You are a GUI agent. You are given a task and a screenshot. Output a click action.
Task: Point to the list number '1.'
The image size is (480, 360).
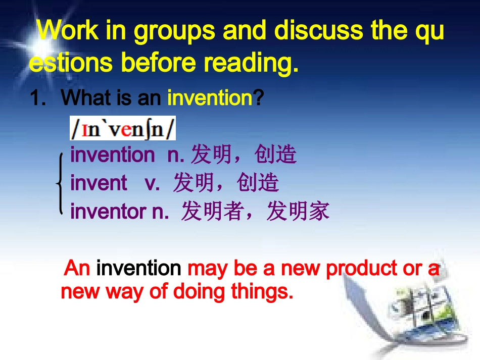[39, 98]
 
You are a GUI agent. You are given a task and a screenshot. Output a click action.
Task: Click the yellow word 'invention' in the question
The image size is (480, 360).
[210, 98]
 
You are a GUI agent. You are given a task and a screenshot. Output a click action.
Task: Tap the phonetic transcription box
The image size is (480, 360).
[123, 128]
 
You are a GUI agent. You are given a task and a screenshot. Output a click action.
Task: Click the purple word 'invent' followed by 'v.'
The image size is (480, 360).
[99, 183]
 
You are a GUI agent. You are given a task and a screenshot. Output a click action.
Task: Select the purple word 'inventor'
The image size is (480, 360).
[108, 212]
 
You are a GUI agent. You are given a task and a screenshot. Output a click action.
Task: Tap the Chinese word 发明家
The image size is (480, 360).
[298, 212]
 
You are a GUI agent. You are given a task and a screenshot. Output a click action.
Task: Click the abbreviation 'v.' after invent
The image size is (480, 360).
[153, 183]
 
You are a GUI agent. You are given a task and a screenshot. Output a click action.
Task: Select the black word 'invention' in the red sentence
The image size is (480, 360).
[138, 268]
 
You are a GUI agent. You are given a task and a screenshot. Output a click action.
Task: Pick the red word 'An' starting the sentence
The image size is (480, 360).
[77, 268]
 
